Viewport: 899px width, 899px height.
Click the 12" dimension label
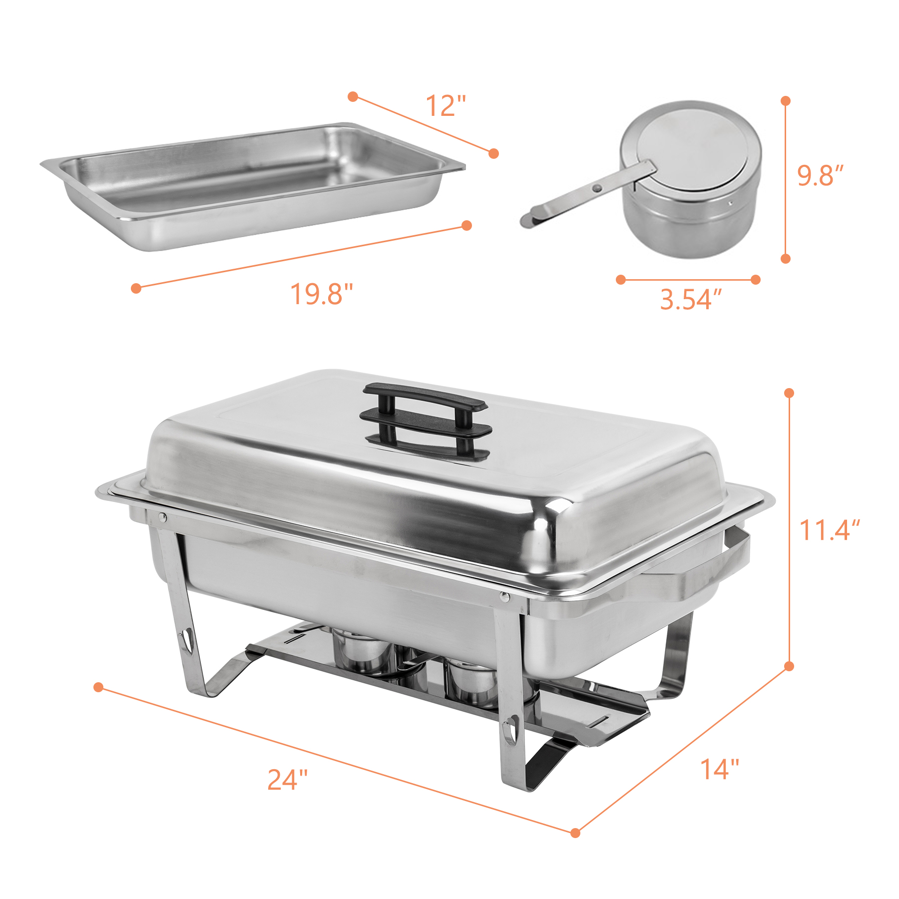pyautogui.click(x=446, y=106)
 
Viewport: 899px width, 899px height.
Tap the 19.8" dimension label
pyautogui.click(x=322, y=294)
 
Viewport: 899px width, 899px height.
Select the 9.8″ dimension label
pyautogui.click(x=820, y=176)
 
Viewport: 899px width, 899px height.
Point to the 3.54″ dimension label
pyautogui.click(x=691, y=300)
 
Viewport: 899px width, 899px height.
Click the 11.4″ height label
pyautogui.click(x=830, y=530)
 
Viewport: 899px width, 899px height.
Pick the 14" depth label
pyautogui.click(x=719, y=769)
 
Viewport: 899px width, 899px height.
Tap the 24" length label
pyautogui.click(x=288, y=780)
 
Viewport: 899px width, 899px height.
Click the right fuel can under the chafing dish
pyautogui.click(x=472, y=682)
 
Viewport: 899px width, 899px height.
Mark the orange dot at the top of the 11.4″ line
pyautogui.click(x=789, y=393)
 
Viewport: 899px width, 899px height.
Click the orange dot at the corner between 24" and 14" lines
pyautogui.click(x=575, y=833)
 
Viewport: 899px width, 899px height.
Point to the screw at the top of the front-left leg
pyautogui.click(x=162, y=517)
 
